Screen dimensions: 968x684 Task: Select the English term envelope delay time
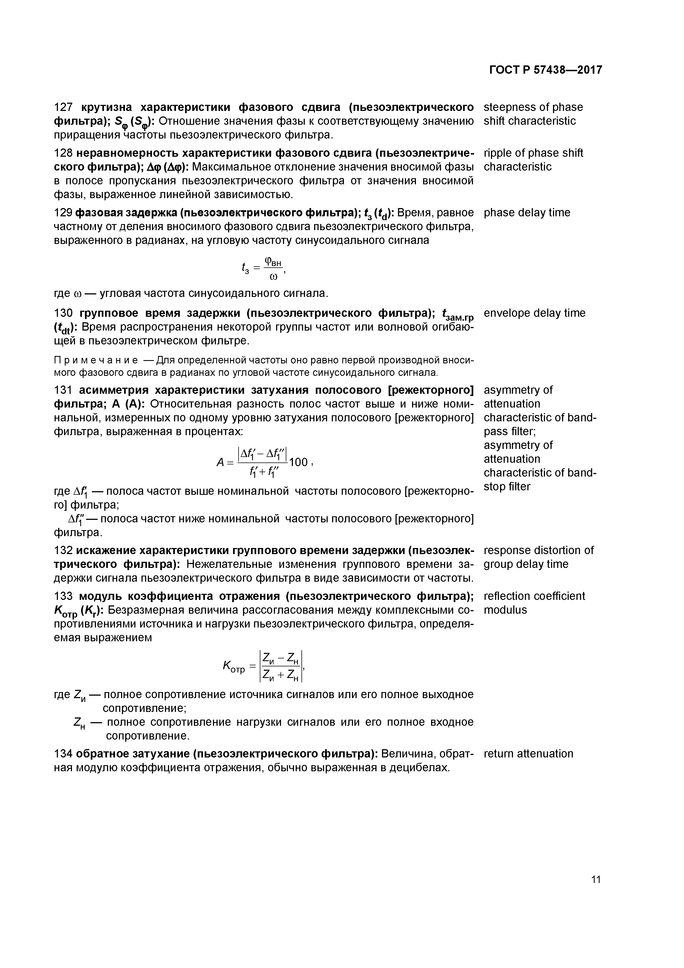[x=535, y=313]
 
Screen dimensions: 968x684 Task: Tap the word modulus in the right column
[x=505, y=610]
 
